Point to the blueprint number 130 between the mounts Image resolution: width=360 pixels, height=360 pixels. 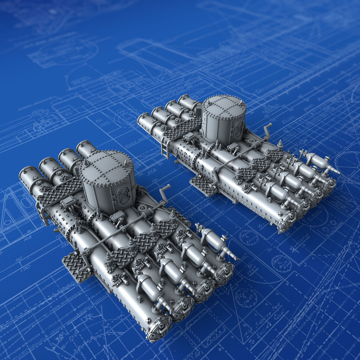(154, 181)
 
